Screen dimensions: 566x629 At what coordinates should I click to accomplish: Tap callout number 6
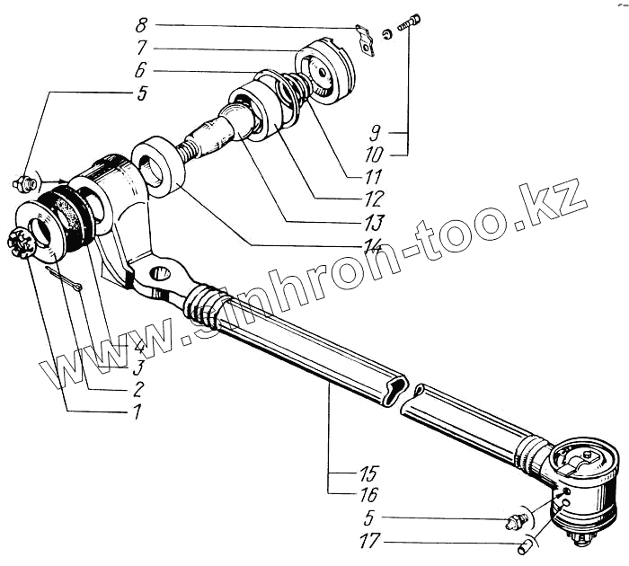click(x=139, y=70)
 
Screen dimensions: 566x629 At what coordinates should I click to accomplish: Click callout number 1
click(x=136, y=414)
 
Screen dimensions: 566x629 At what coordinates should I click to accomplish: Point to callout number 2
click(x=137, y=391)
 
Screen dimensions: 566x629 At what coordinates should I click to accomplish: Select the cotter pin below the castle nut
click(x=64, y=279)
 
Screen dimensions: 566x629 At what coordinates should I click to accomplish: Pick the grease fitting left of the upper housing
click(x=24, y=183)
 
